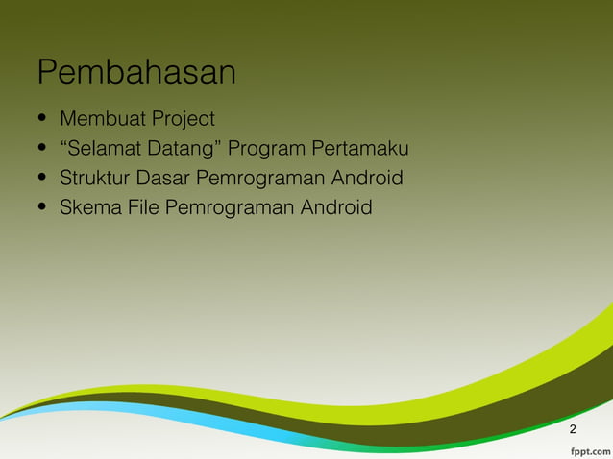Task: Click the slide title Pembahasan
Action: pyautogui.click(x=136, y=73)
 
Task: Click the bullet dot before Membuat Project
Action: pyautogui.click(x=42, y=120)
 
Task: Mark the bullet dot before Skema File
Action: pyautogui.click(x=42, y=208)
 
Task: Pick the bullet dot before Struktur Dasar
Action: pyautogui.click(x=42, y=180)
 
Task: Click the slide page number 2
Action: pyautogui.click(x=574, y=428)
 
